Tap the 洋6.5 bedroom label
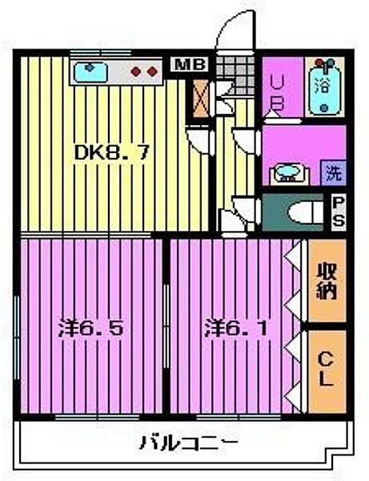pyautogui.click(x=92, y=328)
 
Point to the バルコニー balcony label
pyautogui.click(x=187, y=442)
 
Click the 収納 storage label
pyautogui.click(x=327, y=280)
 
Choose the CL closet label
pyautogui.click(x=327, y=370)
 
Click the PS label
pyautogui.click(x=339, y=212)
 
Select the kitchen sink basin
pyautogui.click(x=95, y=71)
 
